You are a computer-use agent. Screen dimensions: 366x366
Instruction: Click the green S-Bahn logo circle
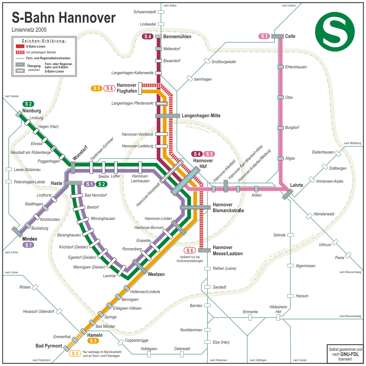(x=335, y=31)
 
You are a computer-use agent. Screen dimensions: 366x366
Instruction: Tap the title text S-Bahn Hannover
(x=63, y=17)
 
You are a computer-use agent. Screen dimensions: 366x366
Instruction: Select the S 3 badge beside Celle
(x=264, y=36)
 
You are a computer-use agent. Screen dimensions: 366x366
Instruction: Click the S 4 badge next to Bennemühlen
(x=148, y=37)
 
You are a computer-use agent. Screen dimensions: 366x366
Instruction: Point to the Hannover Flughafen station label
(x=127, y=88)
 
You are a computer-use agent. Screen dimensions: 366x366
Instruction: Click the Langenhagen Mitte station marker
(x=167, y=116)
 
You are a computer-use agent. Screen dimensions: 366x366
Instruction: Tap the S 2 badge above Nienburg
(x=29, y=104)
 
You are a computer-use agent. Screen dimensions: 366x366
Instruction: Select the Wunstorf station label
(x=80, y=153)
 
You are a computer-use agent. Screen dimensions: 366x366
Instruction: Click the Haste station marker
(x=73, y=183)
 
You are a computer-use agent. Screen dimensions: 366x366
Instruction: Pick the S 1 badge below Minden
(x=29, y=245)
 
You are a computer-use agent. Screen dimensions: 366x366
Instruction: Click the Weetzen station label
(x=156, y=274)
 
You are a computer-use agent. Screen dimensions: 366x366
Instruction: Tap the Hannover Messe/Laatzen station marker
(x=204, y=250)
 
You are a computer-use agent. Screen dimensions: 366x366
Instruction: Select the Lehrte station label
(x=296, y=185)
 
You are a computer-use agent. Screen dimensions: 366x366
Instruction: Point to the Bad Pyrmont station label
(x=49, y=346)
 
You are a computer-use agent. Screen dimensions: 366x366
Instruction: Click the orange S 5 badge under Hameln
(x=93, y=341)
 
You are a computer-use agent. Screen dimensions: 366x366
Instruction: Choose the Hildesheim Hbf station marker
(x=278, y=318)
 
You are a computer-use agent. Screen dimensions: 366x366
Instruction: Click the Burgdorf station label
(x=292, y=128)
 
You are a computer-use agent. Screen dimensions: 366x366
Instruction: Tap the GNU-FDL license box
(x=345, y=354)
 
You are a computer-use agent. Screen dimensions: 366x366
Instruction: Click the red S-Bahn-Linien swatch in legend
(x=20, y=46)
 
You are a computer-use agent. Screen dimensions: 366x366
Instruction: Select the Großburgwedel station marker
(x=207, y=61)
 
